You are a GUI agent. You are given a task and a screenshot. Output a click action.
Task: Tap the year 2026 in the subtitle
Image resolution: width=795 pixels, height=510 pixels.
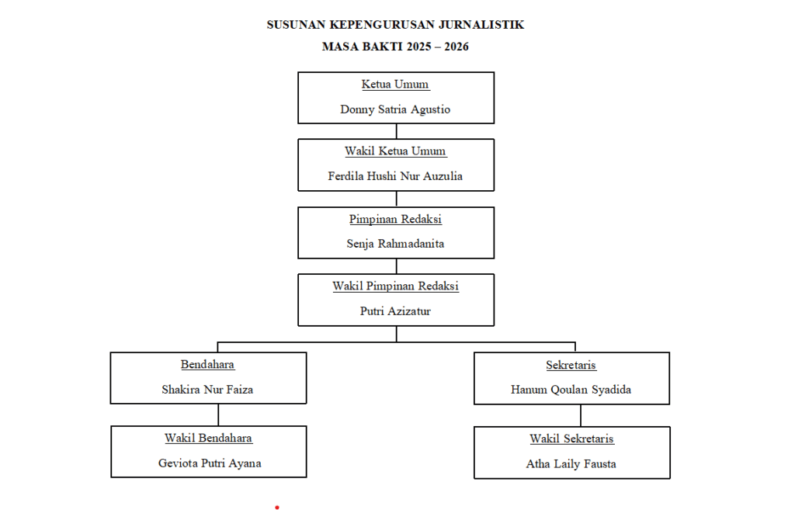[x=457, y=47]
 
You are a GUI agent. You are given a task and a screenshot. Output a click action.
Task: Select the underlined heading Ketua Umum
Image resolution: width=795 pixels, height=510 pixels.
[x=395, y=84]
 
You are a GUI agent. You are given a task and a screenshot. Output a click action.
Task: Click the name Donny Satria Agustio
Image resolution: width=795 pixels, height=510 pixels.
[x=395, y=109]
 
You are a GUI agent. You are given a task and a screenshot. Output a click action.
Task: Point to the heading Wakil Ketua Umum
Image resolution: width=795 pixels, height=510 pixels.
[x=395, y=151]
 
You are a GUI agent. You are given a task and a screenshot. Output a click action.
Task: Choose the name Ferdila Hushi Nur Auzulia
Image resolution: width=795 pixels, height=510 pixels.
[x=395, y=176]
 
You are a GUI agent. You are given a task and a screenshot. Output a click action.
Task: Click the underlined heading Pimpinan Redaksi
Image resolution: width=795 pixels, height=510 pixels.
[x=395, y=219]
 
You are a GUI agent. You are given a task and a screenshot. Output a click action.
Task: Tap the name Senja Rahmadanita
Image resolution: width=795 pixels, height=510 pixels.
[x=395, y=244]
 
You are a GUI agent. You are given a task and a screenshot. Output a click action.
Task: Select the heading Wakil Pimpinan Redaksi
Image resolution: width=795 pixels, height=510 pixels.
[x=395, y=286]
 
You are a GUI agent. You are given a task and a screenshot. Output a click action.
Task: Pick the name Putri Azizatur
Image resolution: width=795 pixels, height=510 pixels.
[x=395, y=311]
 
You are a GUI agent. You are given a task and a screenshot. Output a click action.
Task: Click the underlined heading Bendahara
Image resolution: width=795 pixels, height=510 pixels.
[x=207, y=365]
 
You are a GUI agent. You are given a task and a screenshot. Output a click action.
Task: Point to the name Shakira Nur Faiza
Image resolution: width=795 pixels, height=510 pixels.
[x=207, y=390]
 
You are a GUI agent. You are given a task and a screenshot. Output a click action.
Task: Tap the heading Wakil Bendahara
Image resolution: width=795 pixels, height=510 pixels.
[x=208, y=438]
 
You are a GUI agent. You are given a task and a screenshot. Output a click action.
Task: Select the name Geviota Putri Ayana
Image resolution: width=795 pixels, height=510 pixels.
[x=210, y=463]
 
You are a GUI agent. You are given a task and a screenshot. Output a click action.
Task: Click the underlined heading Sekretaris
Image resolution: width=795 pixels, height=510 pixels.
[x=571, y=365]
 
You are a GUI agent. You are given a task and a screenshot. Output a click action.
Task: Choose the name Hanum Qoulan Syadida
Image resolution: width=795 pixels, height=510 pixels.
[x=571, y=390]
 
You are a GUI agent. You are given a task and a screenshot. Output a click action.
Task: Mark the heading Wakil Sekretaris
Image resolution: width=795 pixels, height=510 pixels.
[x=571, y=439]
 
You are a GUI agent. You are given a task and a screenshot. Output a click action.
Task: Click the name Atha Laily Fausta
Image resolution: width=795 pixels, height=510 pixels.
[x=571, y=464]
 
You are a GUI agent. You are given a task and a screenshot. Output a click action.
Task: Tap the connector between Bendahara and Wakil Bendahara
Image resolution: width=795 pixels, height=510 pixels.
[x=218, y=415]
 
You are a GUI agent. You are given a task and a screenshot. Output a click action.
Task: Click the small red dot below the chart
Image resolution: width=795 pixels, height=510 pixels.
[x=277, y=507]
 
